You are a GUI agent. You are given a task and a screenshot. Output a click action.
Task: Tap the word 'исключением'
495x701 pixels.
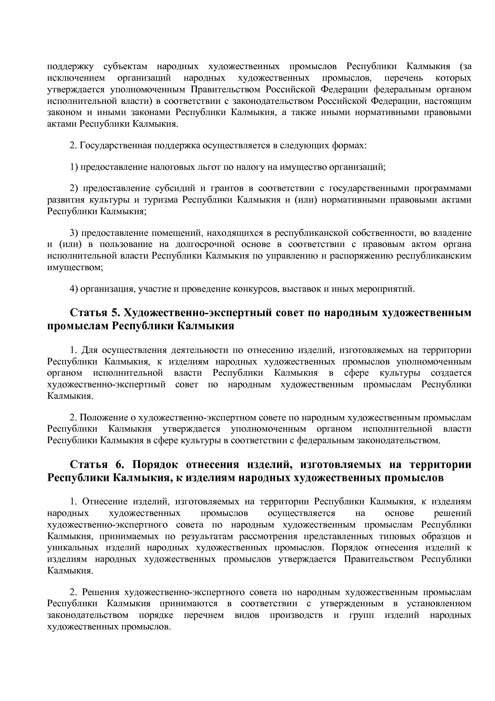click(76, 78)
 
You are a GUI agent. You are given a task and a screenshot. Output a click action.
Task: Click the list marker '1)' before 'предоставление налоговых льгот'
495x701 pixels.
click(74, 167)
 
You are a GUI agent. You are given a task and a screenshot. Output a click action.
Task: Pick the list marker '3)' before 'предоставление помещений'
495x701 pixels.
click(74, 233)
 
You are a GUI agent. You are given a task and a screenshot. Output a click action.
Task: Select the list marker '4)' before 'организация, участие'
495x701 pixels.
click(74, 289)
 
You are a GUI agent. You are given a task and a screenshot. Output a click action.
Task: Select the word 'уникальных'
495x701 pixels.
click(71, 548)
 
